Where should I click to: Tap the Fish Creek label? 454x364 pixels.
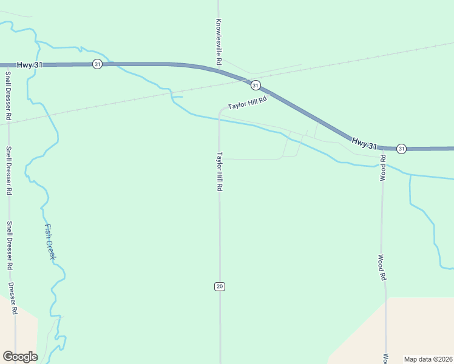coord(50,242)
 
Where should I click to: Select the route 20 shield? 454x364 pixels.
coord(220,286)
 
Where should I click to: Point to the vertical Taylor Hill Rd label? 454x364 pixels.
coord(220,172)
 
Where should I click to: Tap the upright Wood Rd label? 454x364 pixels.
coord(382,267)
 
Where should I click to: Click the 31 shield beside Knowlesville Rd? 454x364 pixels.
coord(256,85)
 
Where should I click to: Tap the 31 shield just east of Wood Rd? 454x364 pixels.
coord(401,149)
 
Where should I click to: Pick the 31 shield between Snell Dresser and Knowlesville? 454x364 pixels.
coord(97,64)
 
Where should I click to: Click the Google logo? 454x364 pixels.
coord(20,357)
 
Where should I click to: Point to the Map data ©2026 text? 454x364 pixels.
coord(428,359)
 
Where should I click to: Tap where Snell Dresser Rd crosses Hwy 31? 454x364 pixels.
coord(8,65)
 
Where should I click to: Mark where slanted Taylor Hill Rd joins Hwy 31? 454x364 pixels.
coord(271,94)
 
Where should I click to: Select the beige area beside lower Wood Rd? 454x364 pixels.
coord(419,328)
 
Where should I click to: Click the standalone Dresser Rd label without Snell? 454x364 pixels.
coord(13,298)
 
